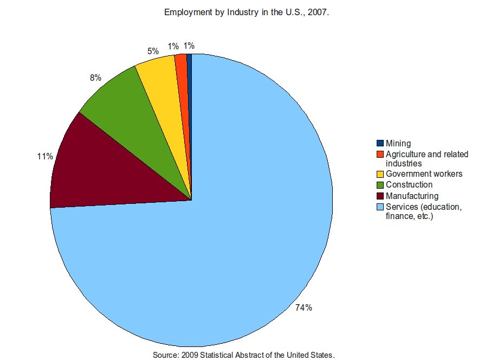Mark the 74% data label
coord(303,308)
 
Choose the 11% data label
coord(45,157)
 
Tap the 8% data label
coord(95,78)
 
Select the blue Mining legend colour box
coord(380,144)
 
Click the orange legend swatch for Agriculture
coord(380,155)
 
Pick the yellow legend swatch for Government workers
coord(380,174)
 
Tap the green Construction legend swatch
coord(380,185)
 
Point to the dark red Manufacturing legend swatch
coord(380,196)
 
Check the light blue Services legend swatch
coord(380,207)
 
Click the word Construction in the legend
coord(409,185)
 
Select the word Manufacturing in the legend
coord(412,196)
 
